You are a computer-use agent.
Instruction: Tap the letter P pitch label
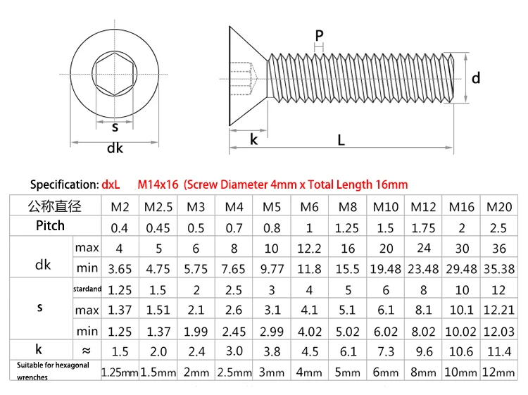pos(319,35)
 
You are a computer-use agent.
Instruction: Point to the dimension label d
pos(476,78)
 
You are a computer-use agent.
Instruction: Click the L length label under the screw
pos(341,140)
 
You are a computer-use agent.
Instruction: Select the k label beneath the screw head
pos(254,139)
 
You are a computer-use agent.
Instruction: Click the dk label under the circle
pos(115,148)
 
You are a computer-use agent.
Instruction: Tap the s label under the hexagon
pos(115,127)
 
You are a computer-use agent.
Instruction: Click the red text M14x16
pos(158,184)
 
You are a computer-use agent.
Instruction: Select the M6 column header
pos(310,207)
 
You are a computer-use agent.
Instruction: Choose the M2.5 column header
pos(158,207)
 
